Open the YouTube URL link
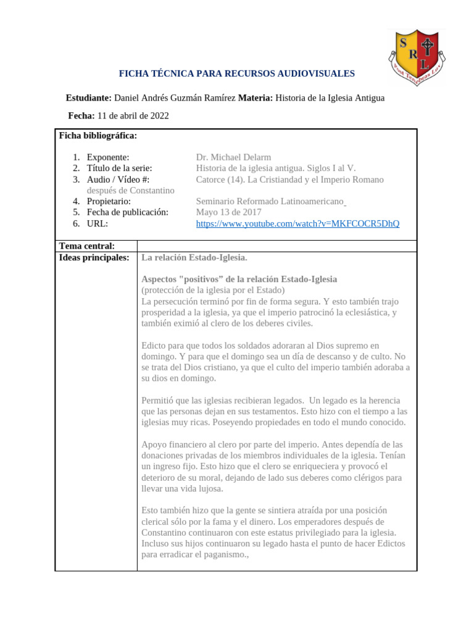(x=297, y=223)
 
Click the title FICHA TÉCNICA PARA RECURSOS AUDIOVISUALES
(x=236, y=73)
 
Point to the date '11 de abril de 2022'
(x=133, y=115)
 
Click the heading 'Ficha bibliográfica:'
(x=98, y=135)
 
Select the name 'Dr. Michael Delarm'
(x=233, y=157)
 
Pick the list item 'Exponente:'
(x=108, y=157)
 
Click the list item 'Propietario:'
(x=109, y=201)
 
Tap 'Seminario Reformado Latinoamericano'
(x=270, y=201)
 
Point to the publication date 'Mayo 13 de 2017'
(x=228, y=212)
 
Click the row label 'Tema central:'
(x=86, y=246)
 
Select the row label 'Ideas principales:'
(x=94, y=257)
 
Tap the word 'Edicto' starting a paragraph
(x=155, y=346)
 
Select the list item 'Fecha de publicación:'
(x=128, y=212)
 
